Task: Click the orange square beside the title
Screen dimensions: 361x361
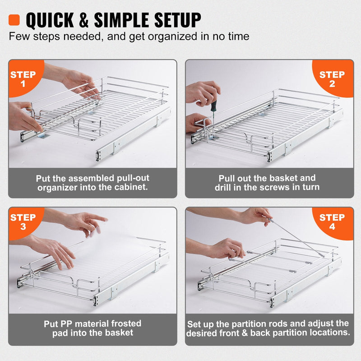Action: pos(14,20)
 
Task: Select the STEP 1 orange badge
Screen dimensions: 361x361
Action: pos(23,79)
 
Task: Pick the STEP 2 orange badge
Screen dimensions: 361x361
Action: pos(332,79)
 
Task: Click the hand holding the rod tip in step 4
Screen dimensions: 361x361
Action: pos(255,216)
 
